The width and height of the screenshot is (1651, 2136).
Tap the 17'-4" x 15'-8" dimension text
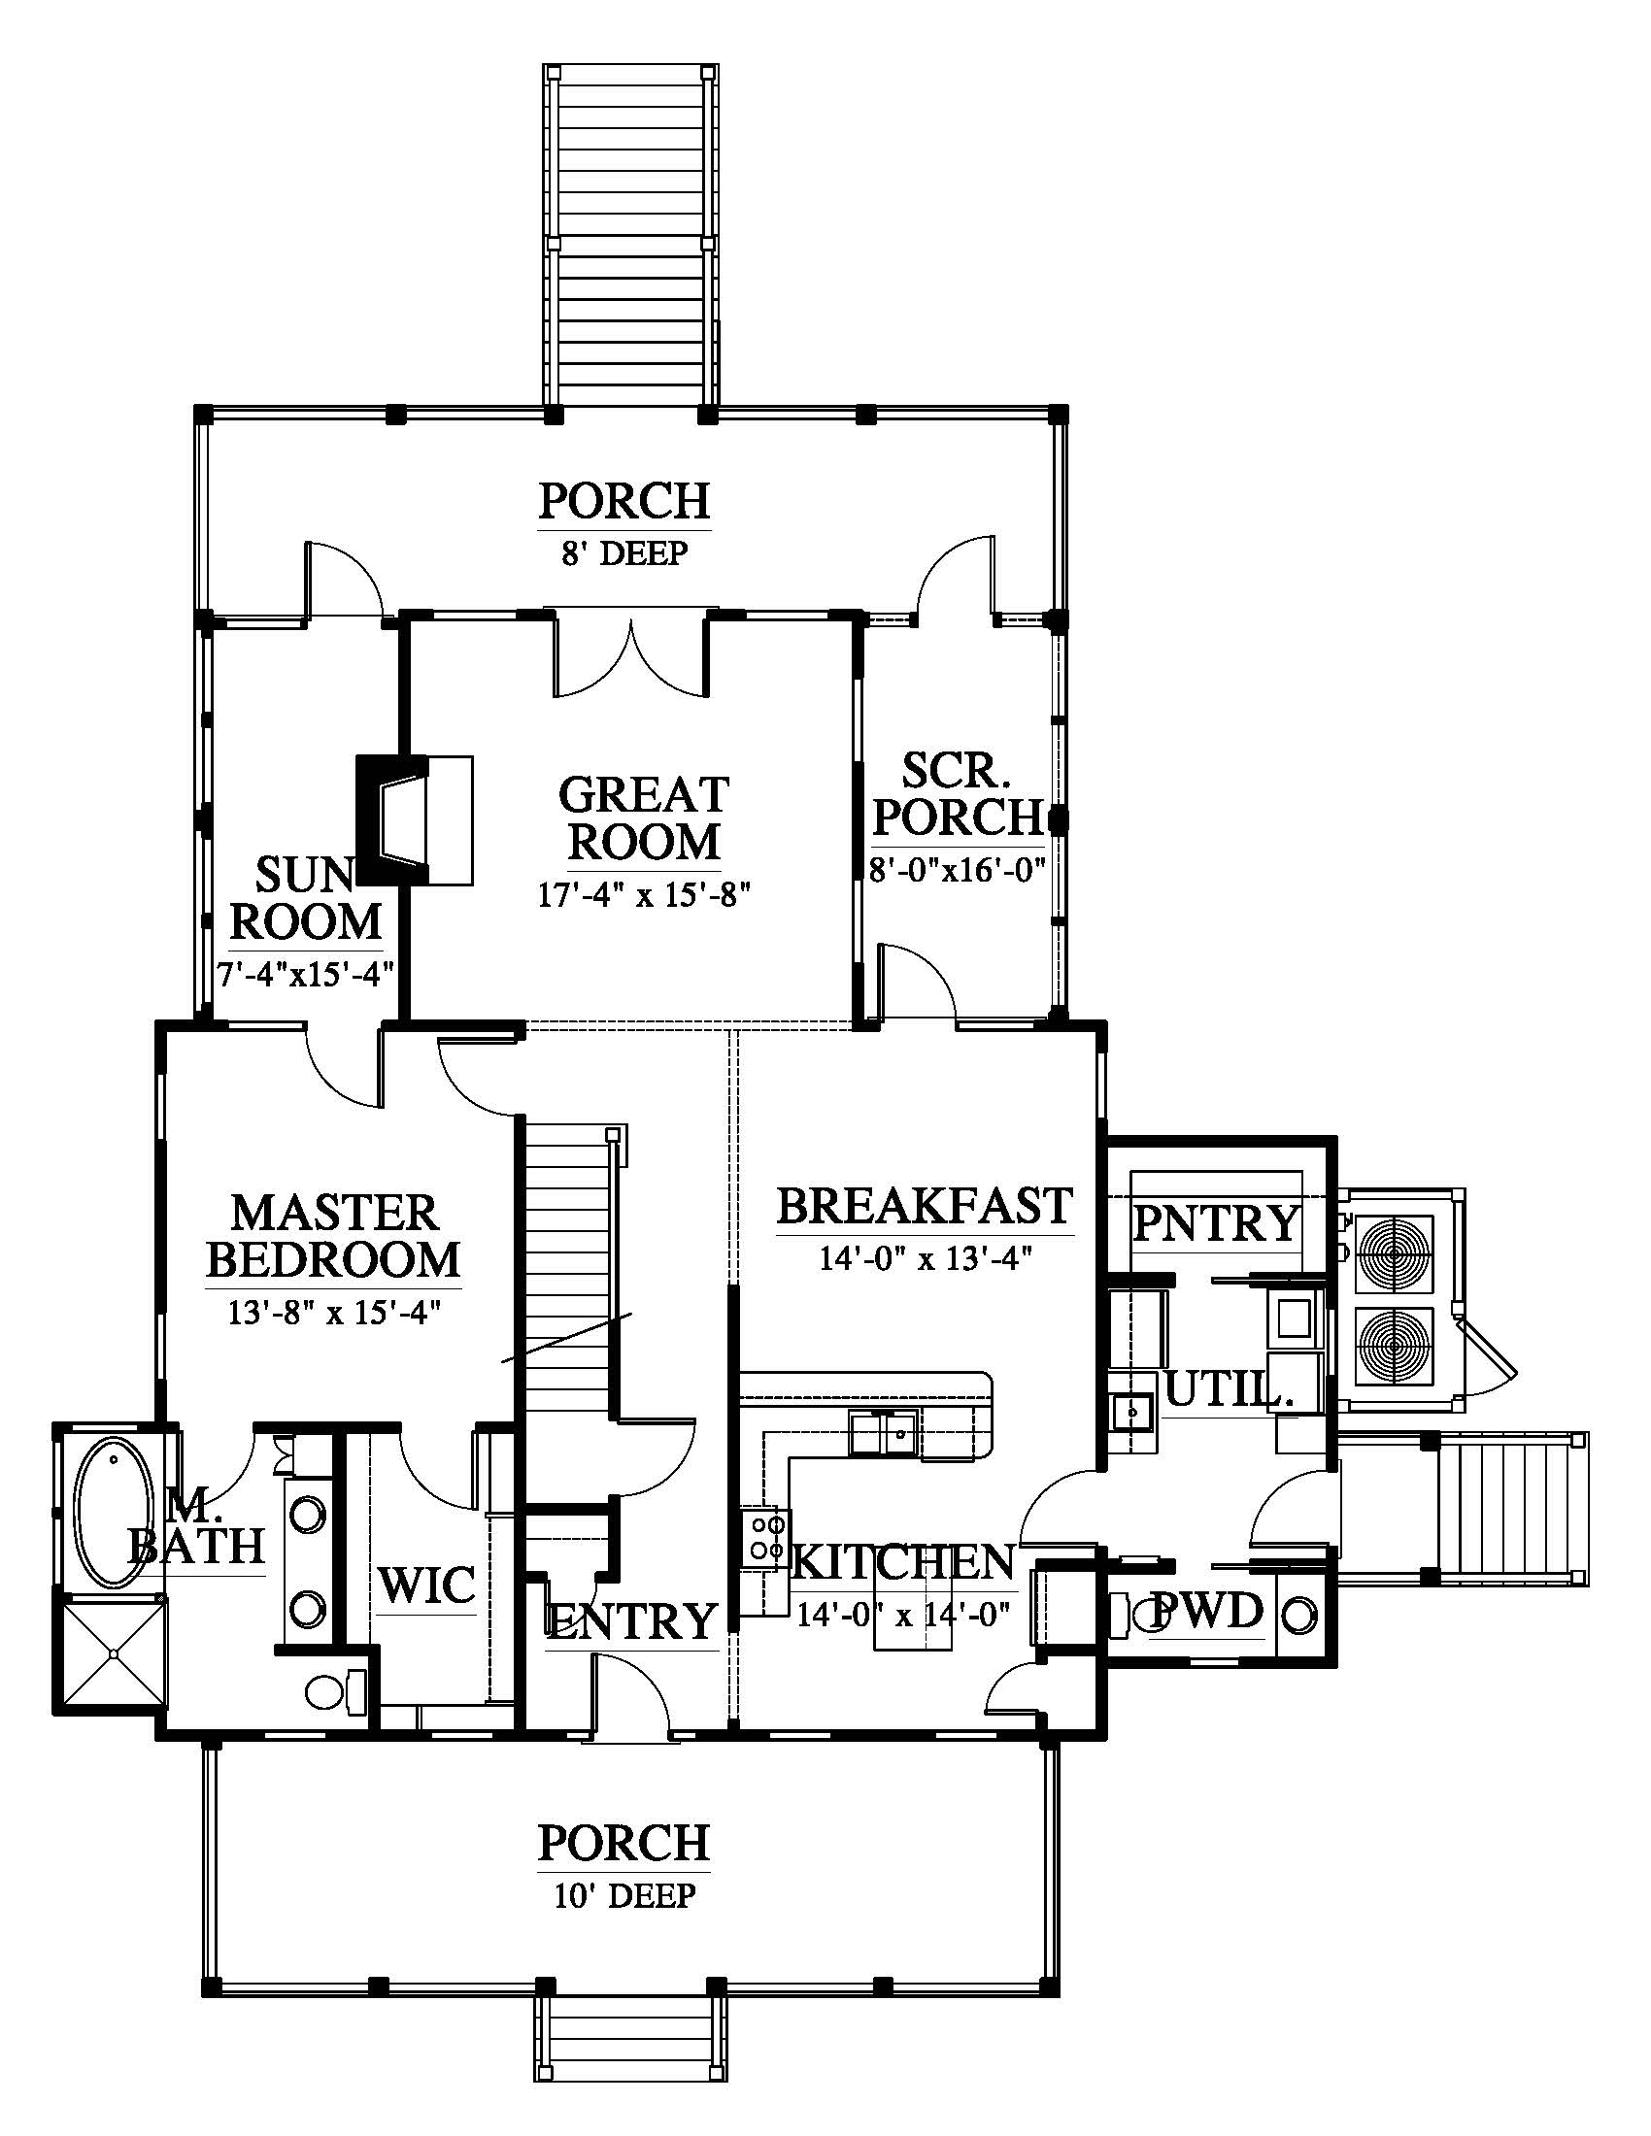click(x=645, y=894)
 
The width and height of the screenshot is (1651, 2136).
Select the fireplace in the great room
click(x=415, y=820)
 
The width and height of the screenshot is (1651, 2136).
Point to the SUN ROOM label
click(x=305, y=898)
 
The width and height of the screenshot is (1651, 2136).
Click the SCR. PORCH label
click(x=957, y=793)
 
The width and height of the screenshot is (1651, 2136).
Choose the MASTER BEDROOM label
click(x=333, y=1236)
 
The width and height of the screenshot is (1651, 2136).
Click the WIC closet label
click(x=427, y=1585)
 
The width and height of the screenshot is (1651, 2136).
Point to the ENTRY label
click(x=632, y=1620)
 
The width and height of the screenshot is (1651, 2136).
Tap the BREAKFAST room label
click(x=926, y=1206)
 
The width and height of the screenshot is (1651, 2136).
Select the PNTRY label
click(x=1216, y=1222)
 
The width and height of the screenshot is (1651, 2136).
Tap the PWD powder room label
click(x=1208, y=1610)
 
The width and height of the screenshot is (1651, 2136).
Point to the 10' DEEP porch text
click(x=626, y=1894)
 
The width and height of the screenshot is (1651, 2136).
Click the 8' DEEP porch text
click(x=625, y=552)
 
